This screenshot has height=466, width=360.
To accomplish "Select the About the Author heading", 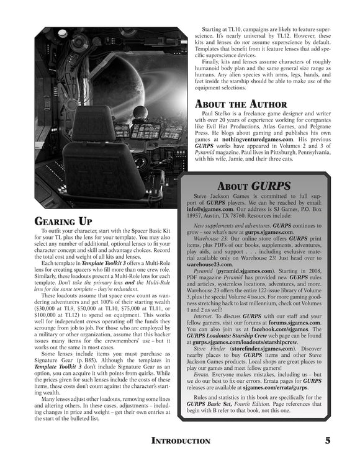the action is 241,104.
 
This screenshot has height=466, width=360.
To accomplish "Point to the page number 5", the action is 327,441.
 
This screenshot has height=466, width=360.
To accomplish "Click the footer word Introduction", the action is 181,441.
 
